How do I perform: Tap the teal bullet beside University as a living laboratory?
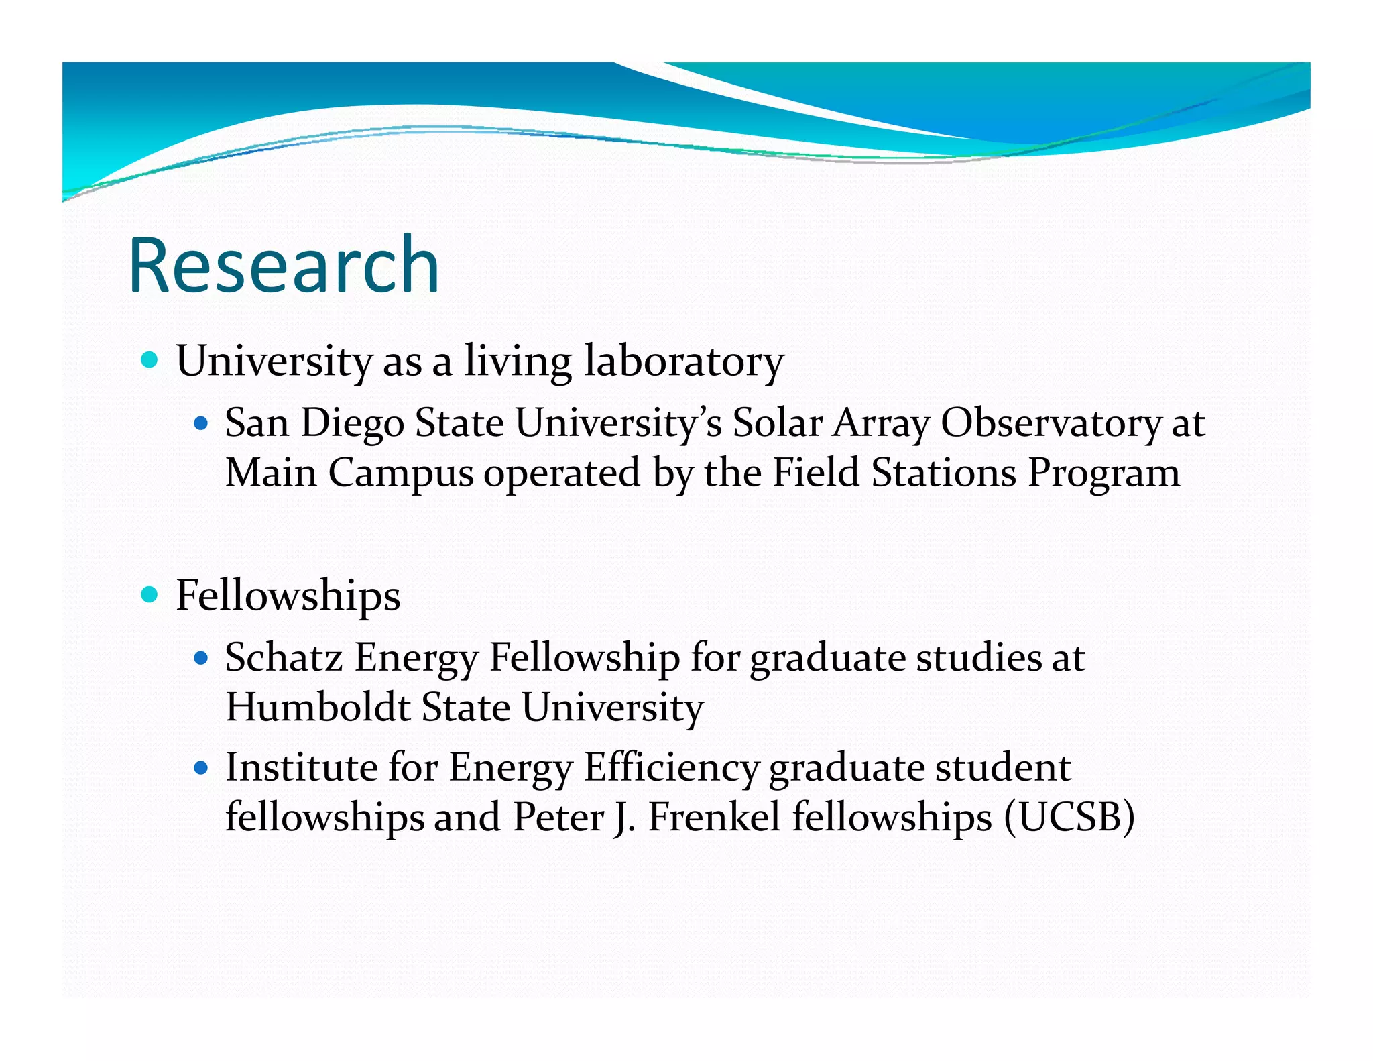[x=150, y=360]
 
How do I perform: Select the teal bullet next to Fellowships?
[x=150, y=594]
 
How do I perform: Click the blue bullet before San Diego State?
[x=200, y=424]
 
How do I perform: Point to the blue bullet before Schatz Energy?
[x=200, y=658]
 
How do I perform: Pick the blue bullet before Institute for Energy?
[x=200, y=767]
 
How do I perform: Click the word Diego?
[x=352, y=424]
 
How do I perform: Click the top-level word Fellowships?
[x=288, y=595]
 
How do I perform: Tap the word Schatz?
[x=284, y=657]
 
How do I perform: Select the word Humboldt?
[x=318, y=708]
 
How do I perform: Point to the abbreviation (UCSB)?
[x=1069, y=818]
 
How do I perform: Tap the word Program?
[x=1103, y=474]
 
